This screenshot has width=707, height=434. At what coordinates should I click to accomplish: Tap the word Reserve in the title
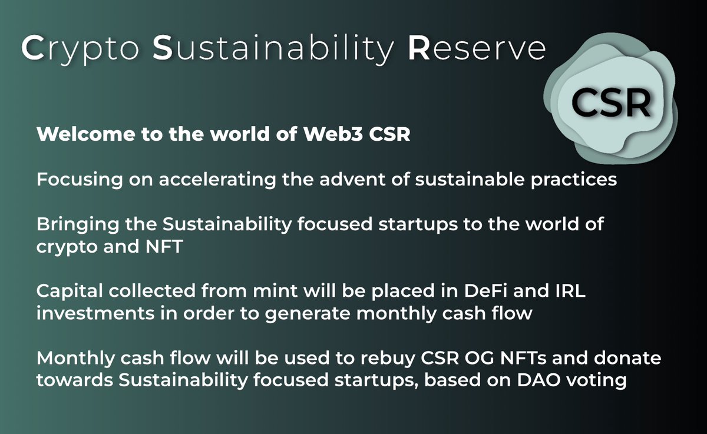pyautogui.click(x=477, y=48)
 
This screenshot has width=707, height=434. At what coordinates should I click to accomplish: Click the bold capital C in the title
pyautogui.click(x=32, y=48)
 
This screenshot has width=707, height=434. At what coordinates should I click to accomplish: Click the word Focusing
pyautogui.click(x=80, y=180)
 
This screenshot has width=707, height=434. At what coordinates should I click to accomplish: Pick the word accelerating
pyautogui.click(x=217, y=180)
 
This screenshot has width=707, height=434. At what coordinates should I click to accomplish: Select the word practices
pyautogui.click(x=573, y=180)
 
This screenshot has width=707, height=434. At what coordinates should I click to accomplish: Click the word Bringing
pyautogui.click(x=78, y=225)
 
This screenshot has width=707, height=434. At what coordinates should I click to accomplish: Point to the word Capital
pyautogui.click(x=70, y=291)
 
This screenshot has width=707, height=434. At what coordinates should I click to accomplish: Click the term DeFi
pyautogui.click(x=485, y=291)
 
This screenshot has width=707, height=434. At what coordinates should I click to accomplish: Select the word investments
pyautogui.click(x=95, y=313)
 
